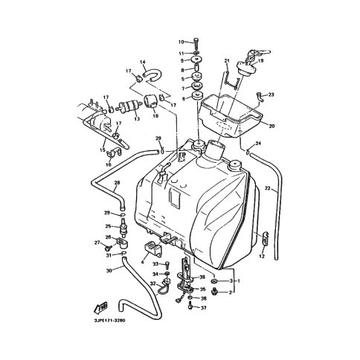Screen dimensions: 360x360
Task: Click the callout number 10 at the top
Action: (180, 42)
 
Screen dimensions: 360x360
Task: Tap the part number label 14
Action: (143, 62)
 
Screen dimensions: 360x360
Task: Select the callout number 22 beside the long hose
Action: (266, 189)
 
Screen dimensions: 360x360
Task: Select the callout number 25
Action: (108, 226)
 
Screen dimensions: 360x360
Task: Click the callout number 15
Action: (101, 150)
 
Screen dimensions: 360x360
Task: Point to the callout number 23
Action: (271, 94)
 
